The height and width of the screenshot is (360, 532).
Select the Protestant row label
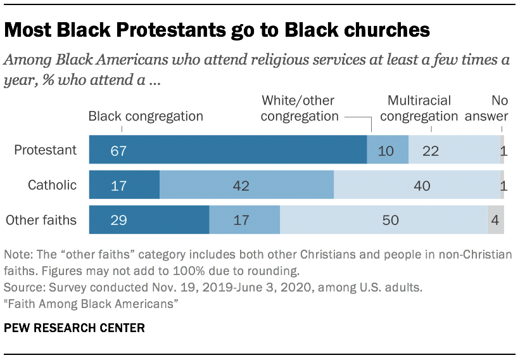pyautogui.click(x=46, y=150)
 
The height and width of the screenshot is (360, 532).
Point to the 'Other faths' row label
pyautogui.click(x=41, y=221)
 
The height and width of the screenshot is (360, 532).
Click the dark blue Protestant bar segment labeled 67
pyautogui.click(x=227, y=150)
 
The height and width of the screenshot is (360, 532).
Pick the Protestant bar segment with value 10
pyautogui.click(x=388, y=150)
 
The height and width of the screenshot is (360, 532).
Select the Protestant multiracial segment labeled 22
pyautogui.click(x=454, y=150)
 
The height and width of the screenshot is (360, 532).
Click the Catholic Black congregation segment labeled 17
pyautogui.click(x=124, y=185)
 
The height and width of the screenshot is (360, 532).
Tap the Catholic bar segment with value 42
pyautogui.click(x=246, y=185)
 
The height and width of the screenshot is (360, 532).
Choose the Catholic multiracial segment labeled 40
pyautogui.click(x=417, y=185)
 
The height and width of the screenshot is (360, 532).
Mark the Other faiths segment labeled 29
pyautogui.click(x=149, y=221)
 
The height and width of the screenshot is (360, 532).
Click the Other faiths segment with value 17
pyautogui.click(x=244, y=221)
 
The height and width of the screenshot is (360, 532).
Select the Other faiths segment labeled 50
pyautogui.click(x=383, y=221)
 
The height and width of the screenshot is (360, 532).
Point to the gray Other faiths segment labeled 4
pyautogui.click(x=496, y=221)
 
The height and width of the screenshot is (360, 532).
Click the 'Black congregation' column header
pyautogui.click(x=146, y=116)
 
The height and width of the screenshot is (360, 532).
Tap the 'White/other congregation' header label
pyautogui.click(x=300, y=108)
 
